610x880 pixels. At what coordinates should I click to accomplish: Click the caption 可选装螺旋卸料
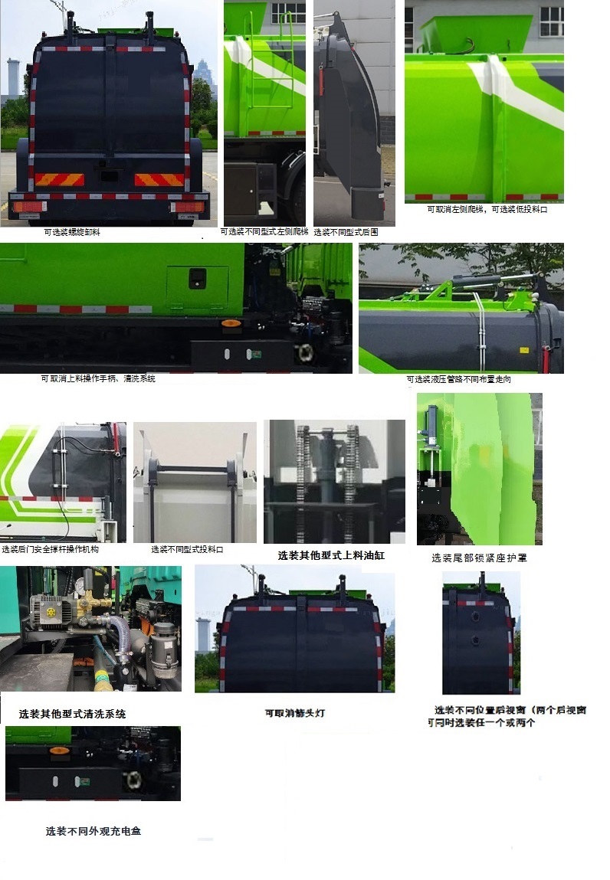[72, 232]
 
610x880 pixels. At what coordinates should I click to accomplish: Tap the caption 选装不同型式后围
[346, 231]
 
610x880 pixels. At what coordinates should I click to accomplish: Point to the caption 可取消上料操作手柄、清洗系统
[98, 379]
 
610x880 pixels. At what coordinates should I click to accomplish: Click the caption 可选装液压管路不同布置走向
[458, 379]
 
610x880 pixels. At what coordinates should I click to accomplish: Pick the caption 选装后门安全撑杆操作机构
[50, 549]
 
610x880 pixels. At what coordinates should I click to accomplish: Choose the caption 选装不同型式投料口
[187, 549]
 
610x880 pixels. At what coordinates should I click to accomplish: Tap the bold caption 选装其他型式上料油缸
[331, 555]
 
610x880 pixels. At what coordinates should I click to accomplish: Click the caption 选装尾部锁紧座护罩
[479, 558]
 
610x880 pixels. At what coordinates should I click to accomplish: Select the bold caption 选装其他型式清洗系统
[73, 714]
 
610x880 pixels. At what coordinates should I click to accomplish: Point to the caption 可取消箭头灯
[295, 713]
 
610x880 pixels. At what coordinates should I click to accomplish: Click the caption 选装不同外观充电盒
[93, 831]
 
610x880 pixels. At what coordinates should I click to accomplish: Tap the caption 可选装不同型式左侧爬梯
[264, 231]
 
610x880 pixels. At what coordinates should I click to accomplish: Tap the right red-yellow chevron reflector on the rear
[159, 180]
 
